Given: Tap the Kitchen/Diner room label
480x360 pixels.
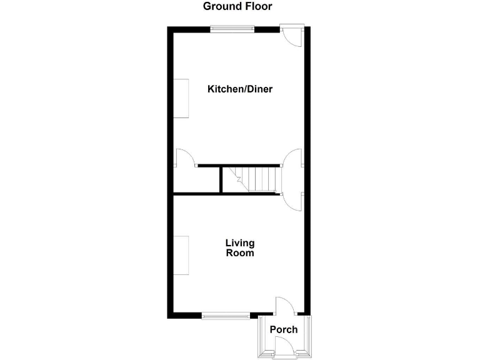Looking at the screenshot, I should pos(240,89).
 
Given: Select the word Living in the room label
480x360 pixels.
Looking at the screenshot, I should pos(240,243).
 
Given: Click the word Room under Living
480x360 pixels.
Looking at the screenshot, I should pos(240,254).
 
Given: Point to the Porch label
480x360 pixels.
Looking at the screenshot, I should pos(284,330).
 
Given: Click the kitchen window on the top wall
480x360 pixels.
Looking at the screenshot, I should pos(232,28).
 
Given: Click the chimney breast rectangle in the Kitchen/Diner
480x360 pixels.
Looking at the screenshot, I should pos(181,98).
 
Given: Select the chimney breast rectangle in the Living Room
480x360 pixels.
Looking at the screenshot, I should pos(181,256).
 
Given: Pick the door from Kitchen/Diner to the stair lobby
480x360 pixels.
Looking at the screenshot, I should pos(292,158).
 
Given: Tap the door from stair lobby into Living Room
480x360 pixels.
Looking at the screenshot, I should pos(292,199).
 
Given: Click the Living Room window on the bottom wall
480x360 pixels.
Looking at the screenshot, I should pos(226,316).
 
